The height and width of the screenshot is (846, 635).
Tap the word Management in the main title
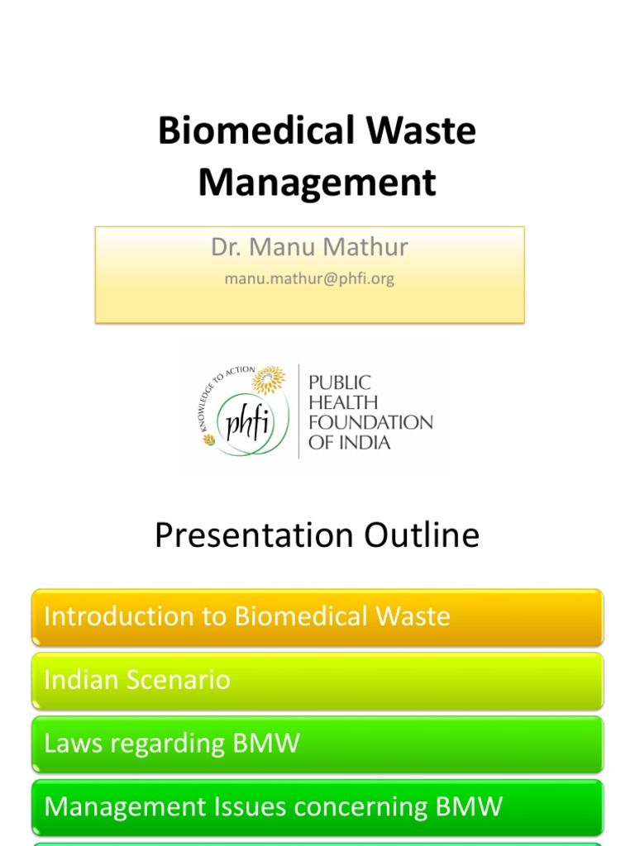point(317,183)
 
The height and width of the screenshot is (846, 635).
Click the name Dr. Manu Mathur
point(309,247)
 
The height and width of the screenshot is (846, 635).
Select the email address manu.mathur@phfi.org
point(309,279)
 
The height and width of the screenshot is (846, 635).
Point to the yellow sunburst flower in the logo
point(269,379)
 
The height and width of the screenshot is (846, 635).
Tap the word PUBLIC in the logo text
point(339,383)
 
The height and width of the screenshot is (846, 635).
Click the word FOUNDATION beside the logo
point(370,422)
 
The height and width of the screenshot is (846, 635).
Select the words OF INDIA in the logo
point(349,442)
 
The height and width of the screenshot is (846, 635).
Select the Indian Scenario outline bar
point(317,681)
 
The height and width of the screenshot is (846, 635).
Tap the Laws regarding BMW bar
point(317,744)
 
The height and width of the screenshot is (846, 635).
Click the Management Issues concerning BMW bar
point(317,807)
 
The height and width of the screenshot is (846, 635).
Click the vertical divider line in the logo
point(298,411)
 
